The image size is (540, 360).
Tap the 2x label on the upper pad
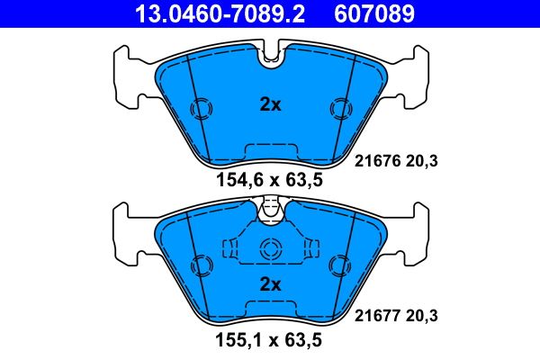pyautogui.click(x=270, y=104)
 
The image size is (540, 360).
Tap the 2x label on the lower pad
pyautogui.click(x=270, y=284)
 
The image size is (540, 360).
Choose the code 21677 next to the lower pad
pyautogui.click(x=373, y=315)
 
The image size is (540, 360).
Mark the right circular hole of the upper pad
pyautogui.click(x=339, y=108)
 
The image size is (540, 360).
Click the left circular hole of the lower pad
pyautogui.click(x=201, y=265)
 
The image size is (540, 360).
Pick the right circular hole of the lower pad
pyautogui.click(x=339, y=265)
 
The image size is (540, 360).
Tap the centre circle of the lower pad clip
pyautogui.click(x=270, y=251)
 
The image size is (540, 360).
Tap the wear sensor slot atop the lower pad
pyautogui.click(x=270, y=211)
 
